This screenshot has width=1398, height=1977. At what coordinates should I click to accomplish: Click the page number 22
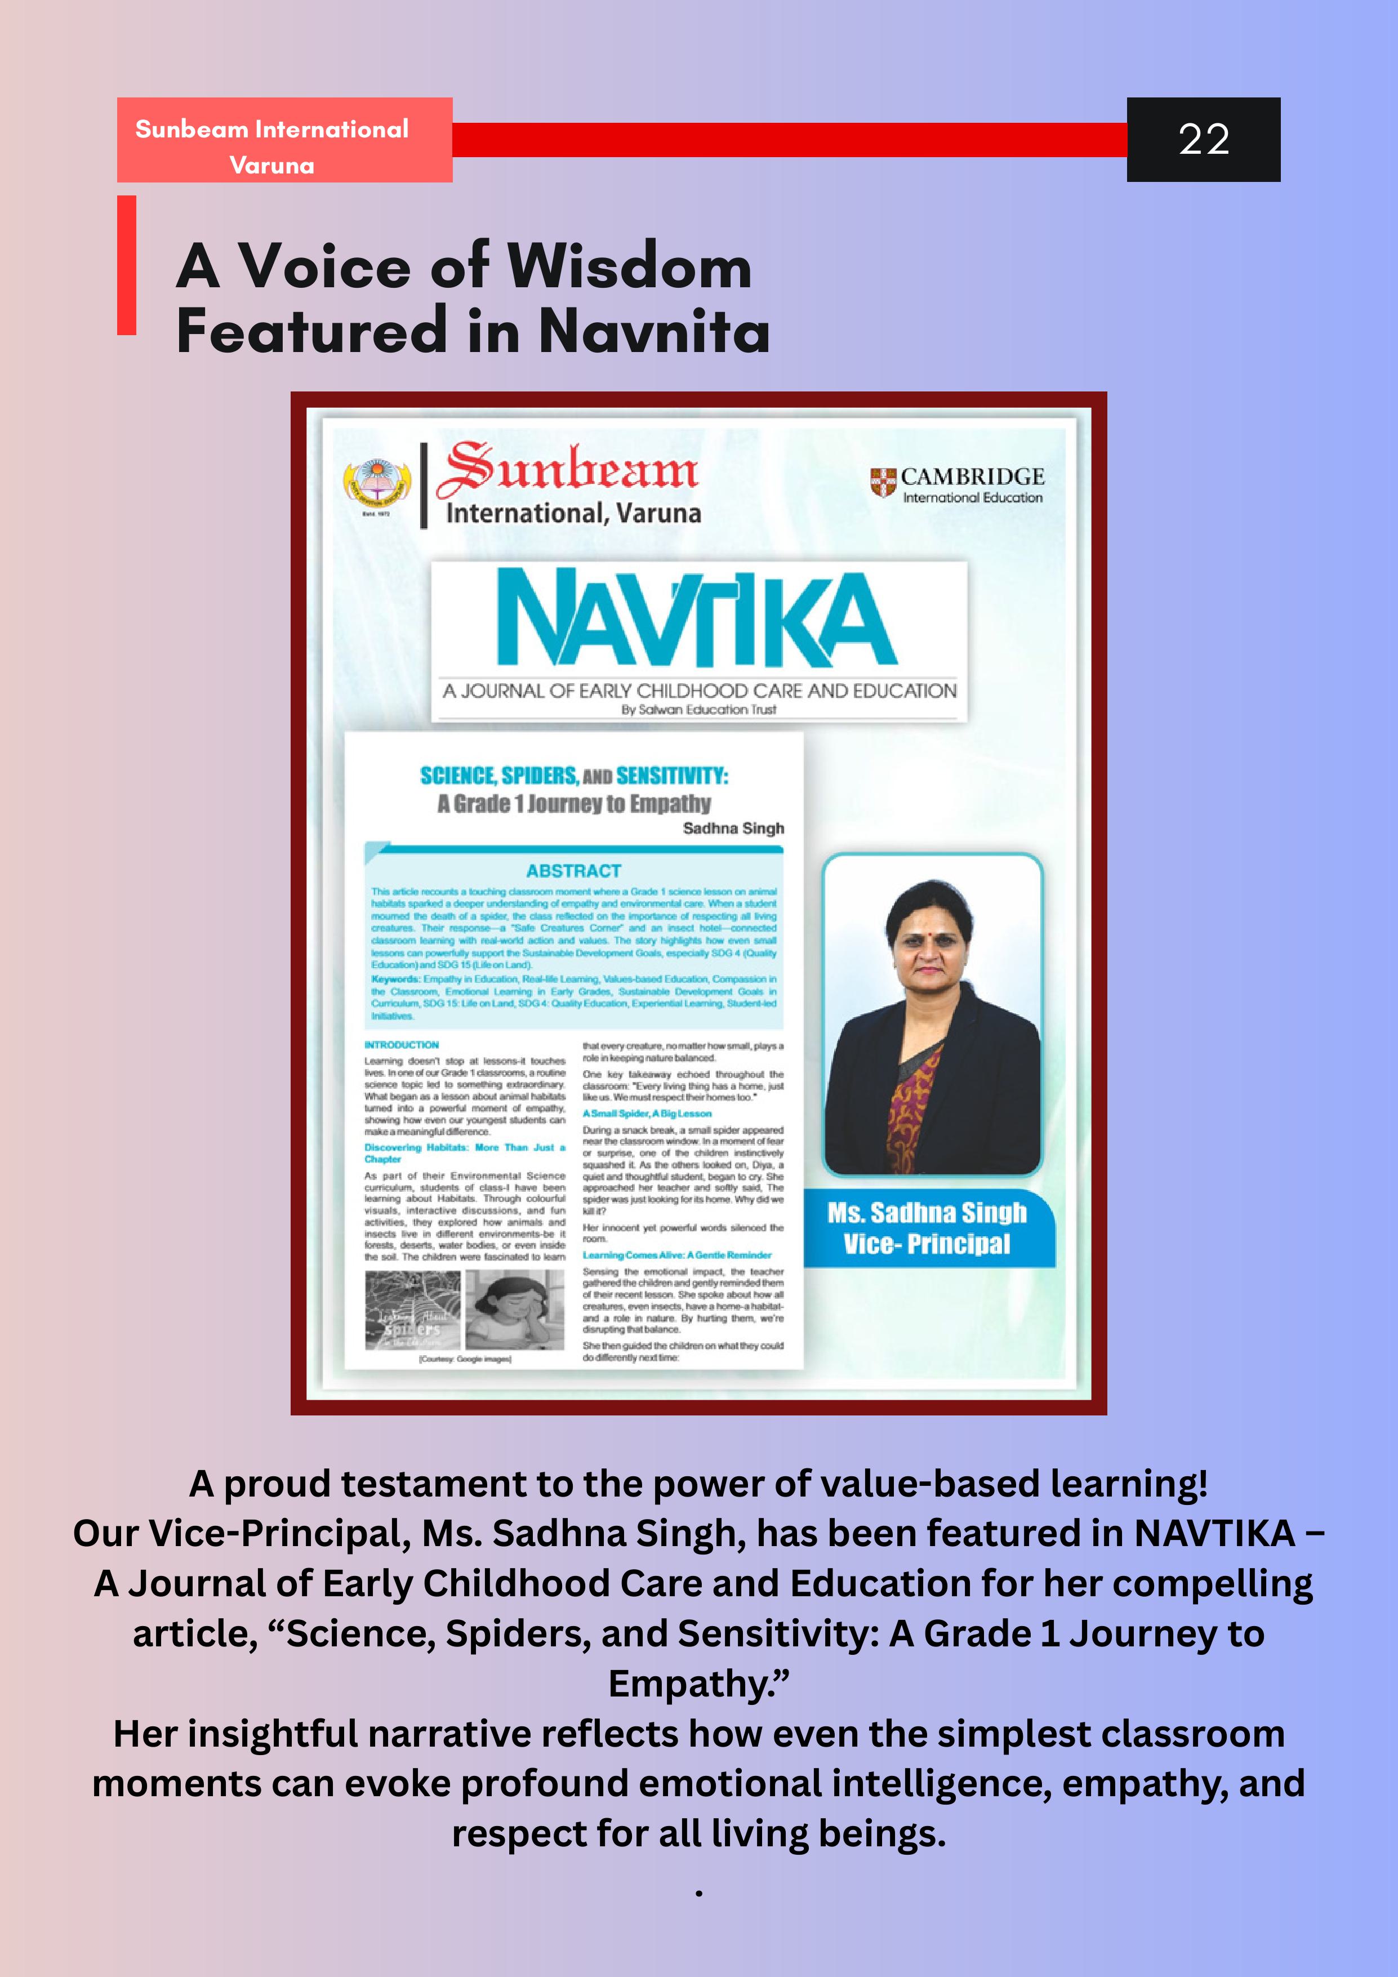coord(1204,140)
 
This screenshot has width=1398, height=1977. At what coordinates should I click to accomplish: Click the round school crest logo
coord(377,485)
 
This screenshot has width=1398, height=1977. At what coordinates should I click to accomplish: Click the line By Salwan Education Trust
coord(698,710)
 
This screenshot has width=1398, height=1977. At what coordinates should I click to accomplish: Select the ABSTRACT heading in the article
coord(573,871)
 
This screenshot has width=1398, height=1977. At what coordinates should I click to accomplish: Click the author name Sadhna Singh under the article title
coord(733,829)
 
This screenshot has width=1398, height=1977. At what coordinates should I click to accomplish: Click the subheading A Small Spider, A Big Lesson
coord(647,1114)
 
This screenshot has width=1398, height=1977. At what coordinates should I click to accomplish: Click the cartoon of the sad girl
coord(515,1311)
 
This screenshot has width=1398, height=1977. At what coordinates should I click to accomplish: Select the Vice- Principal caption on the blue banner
coord(926,1244)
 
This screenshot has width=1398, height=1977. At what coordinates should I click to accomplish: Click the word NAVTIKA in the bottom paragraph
coord(1214,1534)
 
